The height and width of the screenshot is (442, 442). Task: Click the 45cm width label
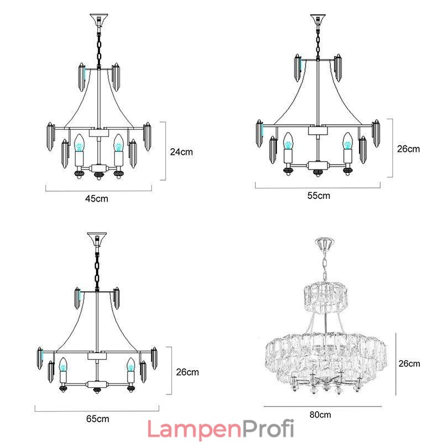coord(97,199)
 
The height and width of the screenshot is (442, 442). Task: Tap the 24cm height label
coord(181,152)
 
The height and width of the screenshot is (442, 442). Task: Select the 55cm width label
coord(319,196)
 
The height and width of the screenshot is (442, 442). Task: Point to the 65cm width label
coord(98,419)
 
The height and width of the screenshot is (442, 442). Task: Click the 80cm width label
coord(320,415)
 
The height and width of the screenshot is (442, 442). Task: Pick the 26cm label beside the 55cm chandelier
coord(408,149)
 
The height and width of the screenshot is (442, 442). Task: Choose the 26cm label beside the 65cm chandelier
coord(187,372)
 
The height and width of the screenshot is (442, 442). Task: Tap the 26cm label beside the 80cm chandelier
coord(409,364)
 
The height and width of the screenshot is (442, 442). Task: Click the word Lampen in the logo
coord(195,429)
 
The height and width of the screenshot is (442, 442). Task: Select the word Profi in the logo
coord(269,429)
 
